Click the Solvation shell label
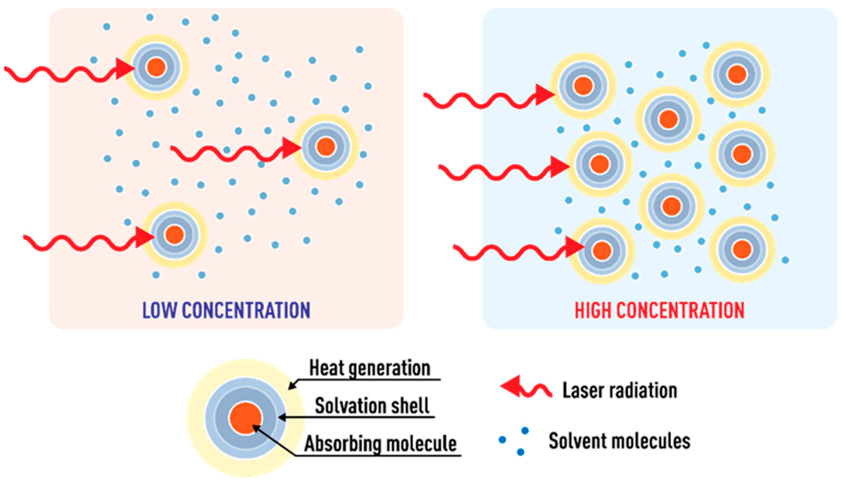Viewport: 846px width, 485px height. click(372, 406)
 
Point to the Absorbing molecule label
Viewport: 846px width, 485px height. click(380, 444)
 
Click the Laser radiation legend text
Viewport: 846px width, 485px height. click(619, 390)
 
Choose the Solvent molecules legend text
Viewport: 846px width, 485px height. click(619, 441)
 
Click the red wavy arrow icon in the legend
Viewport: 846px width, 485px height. click(526, 388)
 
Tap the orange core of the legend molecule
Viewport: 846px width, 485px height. click(246, 418)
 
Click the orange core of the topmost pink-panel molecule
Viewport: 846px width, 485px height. click(156, 67)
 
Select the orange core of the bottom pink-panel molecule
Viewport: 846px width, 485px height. click(175, 234)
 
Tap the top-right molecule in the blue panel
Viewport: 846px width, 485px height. click(737, 74)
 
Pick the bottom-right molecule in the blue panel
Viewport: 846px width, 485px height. click(742, 249)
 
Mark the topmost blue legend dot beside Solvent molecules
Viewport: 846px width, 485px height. click(525, 431)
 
